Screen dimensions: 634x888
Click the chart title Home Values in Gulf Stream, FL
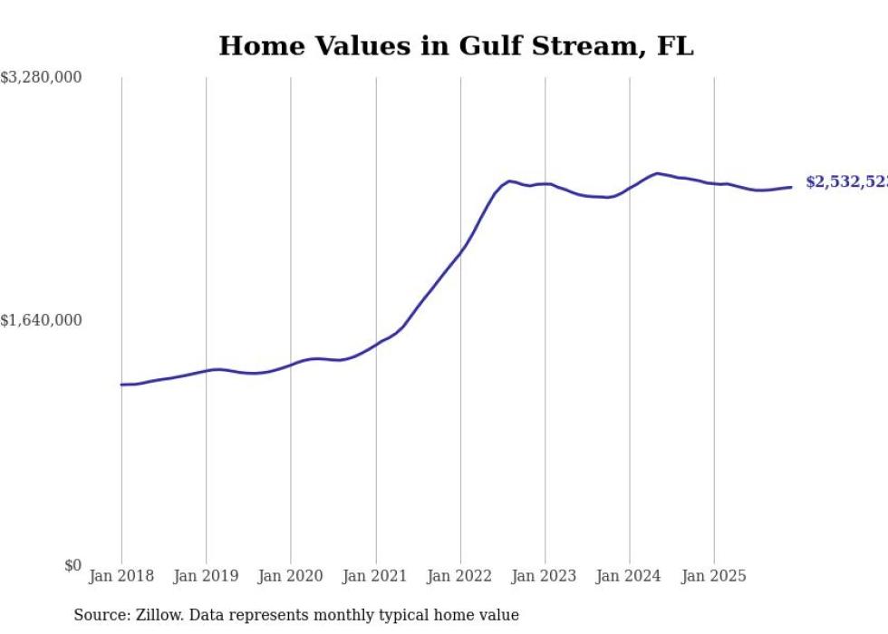pos(456,45)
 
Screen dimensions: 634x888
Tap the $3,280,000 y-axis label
pos(41,78)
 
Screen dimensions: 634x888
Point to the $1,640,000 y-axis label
pos(41,320)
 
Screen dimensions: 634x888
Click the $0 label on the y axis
pos(72,565)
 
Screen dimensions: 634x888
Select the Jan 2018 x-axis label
pos(121,576)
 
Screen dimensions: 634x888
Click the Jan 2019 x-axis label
pos(206,576)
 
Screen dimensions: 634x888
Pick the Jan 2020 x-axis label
pos(290,576)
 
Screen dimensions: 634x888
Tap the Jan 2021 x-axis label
pos(375,576)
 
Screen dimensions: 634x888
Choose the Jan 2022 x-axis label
pos(460,576)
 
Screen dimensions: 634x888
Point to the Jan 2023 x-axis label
pos(545,576)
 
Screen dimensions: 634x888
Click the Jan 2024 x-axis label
pos(630,576)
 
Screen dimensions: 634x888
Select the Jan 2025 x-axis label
pos(714,576)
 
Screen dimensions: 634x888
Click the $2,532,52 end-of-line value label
pos(846,182)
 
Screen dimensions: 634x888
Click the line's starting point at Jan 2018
pos(121,385)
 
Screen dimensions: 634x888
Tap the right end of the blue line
pos(792,187)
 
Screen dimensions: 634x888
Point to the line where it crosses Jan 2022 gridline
pos(460,249)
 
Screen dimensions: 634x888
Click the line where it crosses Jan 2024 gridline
pos(630,187)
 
